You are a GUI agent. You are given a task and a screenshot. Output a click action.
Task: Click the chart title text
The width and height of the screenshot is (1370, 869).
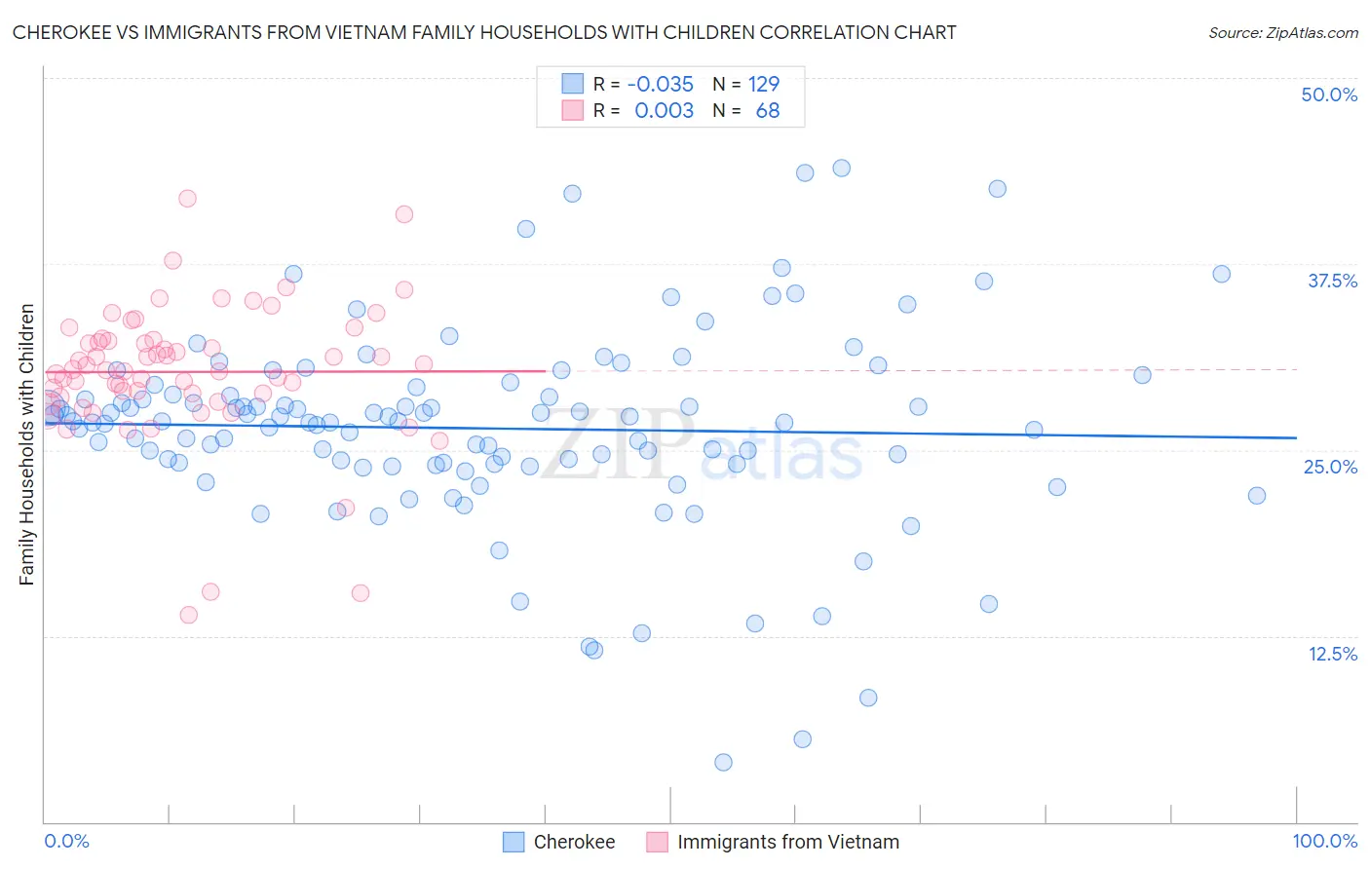pyautogui.click(x=484, y=32)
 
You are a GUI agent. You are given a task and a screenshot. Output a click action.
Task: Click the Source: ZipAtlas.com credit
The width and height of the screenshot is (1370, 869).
pyautogui.click(x=1282, y=32)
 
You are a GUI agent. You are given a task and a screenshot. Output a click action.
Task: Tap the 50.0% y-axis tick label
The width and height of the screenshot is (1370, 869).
pyautogui.click(x=1329, y=94)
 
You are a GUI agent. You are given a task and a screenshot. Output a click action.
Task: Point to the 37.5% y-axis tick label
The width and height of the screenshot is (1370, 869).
pyautogui.click(x=1332, y=281)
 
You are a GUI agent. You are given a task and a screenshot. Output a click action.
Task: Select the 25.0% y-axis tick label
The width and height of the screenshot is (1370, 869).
pyautogui.click(x=1330, y=467)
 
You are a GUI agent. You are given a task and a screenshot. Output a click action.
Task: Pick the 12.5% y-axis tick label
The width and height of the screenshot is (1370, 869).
pyautogui.click(x=1332, y=654)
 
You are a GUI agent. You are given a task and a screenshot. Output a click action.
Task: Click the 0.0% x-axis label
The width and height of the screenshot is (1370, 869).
pyautogui.click(x=66, y=841)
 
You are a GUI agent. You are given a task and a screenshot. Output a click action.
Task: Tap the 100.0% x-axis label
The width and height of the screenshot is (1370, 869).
pyautogui.click(x=1324, y=841)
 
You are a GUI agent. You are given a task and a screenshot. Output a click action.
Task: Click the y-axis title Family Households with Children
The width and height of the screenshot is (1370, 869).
pyautogui.click(x=26, y=444)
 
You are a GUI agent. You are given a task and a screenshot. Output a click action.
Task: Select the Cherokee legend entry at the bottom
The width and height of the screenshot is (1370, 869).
pyautogui.click(x=574, y=842)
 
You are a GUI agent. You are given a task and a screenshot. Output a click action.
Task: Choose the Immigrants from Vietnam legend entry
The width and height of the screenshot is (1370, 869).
pyautogui.click(x=787, y=842)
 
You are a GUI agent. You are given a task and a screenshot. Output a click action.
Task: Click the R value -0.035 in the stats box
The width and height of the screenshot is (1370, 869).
pyautogui.click(x=661, y=84)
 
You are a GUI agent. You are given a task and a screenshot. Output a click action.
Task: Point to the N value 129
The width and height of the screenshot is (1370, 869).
pyautogui.click(x=764, y=84)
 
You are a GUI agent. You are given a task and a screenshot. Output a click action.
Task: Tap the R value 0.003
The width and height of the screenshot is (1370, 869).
pyautogui.click(x=664, y=111)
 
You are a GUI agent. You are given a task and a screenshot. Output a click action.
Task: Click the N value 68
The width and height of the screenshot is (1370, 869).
pyautogui.click(x=768, y=111)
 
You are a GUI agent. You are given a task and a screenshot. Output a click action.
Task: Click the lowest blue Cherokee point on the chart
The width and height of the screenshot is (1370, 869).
pyautogui.click(x=723, y=762)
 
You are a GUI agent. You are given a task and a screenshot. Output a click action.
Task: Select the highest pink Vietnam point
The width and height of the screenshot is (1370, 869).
pyautogui.click(x=187, y=198)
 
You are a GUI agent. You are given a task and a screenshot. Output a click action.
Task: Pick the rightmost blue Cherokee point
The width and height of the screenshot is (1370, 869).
pyautogui.click(x=1257, y=495)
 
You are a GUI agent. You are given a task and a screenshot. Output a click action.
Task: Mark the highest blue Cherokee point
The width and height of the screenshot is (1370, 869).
pyautogui.click(x=841, y=168)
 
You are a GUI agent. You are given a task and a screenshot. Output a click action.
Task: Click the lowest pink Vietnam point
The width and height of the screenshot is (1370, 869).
pyautogui.click(x=189, y=615)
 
